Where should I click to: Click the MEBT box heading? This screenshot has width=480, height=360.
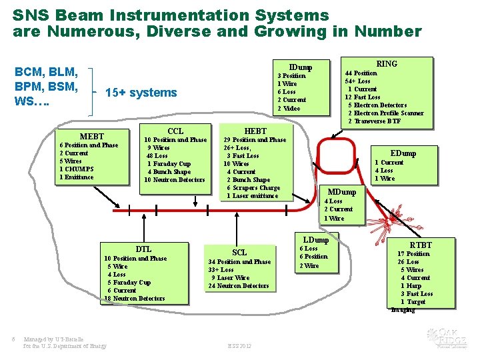click(93, 136)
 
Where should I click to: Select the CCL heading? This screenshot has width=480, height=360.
click(175, 131)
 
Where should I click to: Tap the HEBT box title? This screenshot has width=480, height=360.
click(256, 131)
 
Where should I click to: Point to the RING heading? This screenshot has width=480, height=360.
click(387, 63)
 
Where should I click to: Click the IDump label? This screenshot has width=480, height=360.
click(300, 67)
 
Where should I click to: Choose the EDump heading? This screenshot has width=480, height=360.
click(403, 153)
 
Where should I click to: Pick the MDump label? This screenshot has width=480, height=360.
click(344, 192)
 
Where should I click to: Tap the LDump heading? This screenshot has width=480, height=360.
click(316, 239)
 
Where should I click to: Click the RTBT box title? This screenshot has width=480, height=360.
click(421, 245)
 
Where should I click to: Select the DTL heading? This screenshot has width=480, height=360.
click(144, 249)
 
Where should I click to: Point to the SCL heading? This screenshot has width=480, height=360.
click(239, 252)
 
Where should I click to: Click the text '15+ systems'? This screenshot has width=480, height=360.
click(141, 93)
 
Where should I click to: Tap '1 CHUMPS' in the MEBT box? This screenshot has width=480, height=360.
click(77, 169)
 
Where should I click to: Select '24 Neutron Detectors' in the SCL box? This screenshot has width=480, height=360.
click(239, 286)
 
